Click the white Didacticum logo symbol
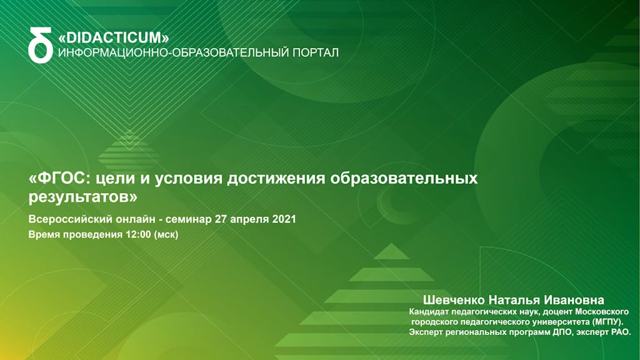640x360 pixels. (x=41, y=45)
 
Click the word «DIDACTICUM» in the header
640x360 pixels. (x=114, y=38)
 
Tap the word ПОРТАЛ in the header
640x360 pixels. (x=316, y=52)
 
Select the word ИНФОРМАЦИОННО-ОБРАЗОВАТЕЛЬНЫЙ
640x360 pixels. (x=174, y=52)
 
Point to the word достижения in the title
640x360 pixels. (x=276, y=179)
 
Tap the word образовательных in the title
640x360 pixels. (x=404, y=178)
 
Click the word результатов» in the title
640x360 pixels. (x=83, y=197)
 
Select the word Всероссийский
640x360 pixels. (x=70, y=219)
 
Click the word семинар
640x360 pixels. (x=189, y=219)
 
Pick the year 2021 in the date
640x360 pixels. (x=284, y=219)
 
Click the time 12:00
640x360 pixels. (x=138, y=235)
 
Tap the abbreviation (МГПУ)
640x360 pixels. (x=607, y=322)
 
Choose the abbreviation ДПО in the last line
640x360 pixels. (x=562, y=332)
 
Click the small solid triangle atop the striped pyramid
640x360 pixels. (x=391, y=251)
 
